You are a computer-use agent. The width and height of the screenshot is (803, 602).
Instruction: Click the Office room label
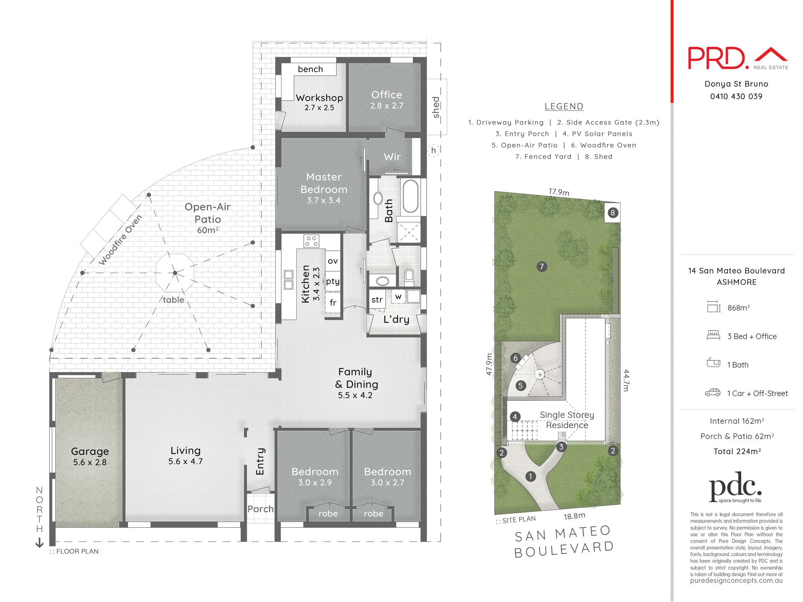[386, 95]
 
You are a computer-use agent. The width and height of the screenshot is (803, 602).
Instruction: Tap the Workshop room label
[319, 98]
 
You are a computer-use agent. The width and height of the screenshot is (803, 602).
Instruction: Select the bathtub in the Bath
[410, 196]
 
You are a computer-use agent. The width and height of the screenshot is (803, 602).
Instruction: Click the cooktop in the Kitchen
[311, 241]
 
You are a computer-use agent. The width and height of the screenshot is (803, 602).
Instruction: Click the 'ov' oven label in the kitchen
[333, 261]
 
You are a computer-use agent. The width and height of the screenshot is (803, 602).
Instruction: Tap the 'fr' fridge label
[333, 302]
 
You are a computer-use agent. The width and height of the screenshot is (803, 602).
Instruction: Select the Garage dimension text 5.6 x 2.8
[90, 462]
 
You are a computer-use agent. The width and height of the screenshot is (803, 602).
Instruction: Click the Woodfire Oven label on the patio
[120, 240]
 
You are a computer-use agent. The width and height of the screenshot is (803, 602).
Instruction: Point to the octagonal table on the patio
[175, 273]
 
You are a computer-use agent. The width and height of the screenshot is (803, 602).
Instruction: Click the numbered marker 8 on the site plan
[613, 213]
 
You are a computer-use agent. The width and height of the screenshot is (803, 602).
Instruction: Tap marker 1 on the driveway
[530, 476]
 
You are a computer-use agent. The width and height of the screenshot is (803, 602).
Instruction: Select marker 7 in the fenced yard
[542, 266]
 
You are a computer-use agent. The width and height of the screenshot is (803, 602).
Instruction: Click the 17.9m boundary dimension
[559, 192]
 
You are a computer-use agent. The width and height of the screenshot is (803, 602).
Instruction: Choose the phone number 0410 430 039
[736, 96]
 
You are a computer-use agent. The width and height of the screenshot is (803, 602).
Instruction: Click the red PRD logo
[717, 59]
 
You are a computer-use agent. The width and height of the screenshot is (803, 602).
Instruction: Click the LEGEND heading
[564, 107]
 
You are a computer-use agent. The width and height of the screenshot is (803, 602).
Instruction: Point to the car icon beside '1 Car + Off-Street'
[713, 393]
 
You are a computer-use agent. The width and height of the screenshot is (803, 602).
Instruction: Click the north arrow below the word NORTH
[39, 543]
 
